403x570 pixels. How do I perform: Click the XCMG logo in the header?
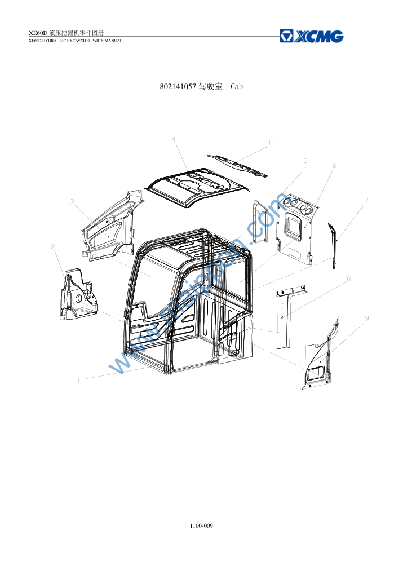tap(312, 36)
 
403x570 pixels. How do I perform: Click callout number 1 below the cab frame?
tap(78, 380)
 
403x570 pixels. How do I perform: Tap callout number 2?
tap(53, 247)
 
